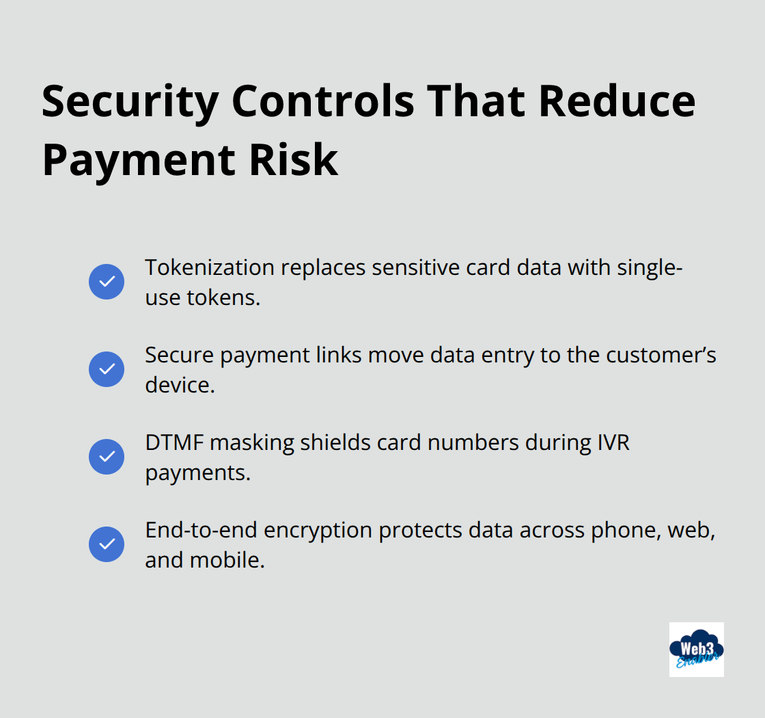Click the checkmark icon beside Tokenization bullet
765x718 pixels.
(107, 282)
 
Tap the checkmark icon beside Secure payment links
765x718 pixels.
(107, 369)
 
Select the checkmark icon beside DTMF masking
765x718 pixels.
(107, 457)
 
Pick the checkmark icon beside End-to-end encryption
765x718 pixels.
(107, 544)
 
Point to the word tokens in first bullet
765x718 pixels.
(223, 297)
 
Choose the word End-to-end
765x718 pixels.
(201, 530)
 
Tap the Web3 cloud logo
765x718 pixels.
(696, 649)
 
